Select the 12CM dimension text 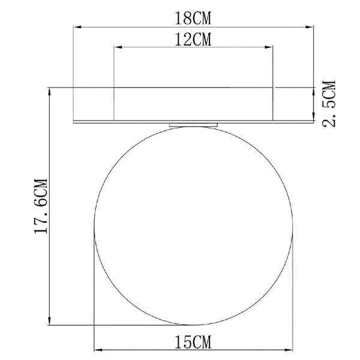(194, 40)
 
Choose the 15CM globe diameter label (193, 342)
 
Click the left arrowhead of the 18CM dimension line (76, 26)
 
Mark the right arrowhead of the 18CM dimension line (310, 26)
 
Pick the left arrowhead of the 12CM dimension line (117, 48)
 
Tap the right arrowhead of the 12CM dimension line (271, 48)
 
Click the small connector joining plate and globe (193, 124)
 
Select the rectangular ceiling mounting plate (193, 105)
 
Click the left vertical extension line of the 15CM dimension (95, 288)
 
